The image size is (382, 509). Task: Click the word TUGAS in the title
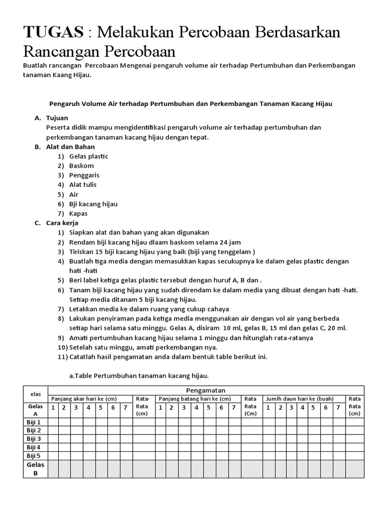click(53, 33)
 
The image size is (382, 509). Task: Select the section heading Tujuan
click(57, 118)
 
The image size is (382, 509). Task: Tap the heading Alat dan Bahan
click(70, 147)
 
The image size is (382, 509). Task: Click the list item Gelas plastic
click(89, 156)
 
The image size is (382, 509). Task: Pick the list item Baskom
click(82, 166)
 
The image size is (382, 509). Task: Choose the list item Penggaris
click(85, 175)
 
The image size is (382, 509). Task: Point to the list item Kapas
click(79, 213)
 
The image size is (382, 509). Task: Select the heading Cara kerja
click(62, 223)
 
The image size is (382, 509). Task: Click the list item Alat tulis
click(83, 184)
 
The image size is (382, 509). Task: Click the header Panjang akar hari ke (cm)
click(84, 399)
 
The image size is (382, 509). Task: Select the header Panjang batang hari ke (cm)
click(194, 399)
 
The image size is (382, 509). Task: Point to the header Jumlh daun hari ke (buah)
click(300, 399)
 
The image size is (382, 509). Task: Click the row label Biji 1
click(34, 422)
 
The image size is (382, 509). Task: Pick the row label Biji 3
click(34, 439)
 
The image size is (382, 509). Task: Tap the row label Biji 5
click(34, 455)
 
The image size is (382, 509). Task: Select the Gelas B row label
click(35, 469)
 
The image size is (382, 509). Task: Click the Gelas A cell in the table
click(35, 410)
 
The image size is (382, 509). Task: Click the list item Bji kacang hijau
click(94, 204)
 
